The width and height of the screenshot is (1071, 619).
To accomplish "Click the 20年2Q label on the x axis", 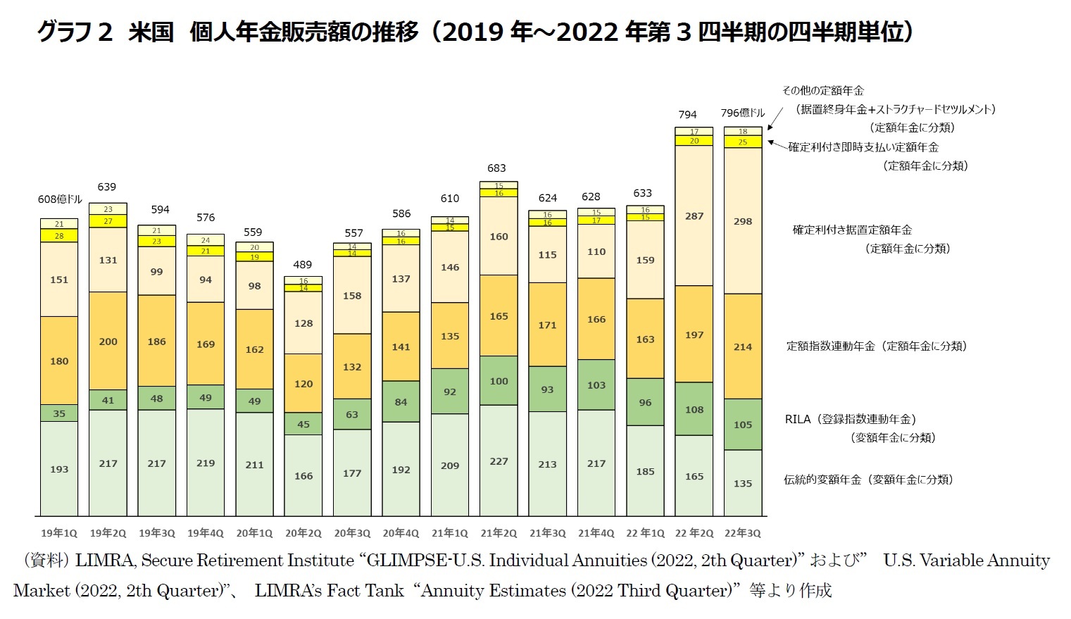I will tap(303, 533).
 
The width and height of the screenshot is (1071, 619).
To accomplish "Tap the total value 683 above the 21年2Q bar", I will tap(496, 168).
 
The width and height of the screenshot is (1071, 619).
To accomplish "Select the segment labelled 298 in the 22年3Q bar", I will tap(743, 221).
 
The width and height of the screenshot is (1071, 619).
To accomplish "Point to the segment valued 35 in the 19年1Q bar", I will tap(59, 413).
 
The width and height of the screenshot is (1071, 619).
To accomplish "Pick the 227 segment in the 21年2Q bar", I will tap(499, 461).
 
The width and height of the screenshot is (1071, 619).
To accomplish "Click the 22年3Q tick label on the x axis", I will tap(743, 533).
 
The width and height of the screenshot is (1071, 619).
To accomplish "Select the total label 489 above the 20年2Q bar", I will tap(303, 265).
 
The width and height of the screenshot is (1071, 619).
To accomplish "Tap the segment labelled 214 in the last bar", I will tap(743, 346).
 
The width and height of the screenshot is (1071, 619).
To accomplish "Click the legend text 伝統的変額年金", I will tap(822, 480).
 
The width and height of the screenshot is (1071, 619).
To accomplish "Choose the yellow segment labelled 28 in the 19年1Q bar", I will tap(59, 236).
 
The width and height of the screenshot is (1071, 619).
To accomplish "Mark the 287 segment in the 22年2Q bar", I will tap(694, 216).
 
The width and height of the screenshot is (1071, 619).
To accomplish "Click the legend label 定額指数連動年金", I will tap(830, 346).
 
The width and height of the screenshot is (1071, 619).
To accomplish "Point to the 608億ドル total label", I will tap(60, 200).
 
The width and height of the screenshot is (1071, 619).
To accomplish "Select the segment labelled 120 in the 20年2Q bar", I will tap(303, 384).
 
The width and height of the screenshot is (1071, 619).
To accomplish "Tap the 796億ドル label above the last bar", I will tap(743, 113).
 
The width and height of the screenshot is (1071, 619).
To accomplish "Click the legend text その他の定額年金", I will tap(822, 91).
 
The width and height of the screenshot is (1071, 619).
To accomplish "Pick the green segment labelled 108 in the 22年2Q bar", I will tap(694, 409).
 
